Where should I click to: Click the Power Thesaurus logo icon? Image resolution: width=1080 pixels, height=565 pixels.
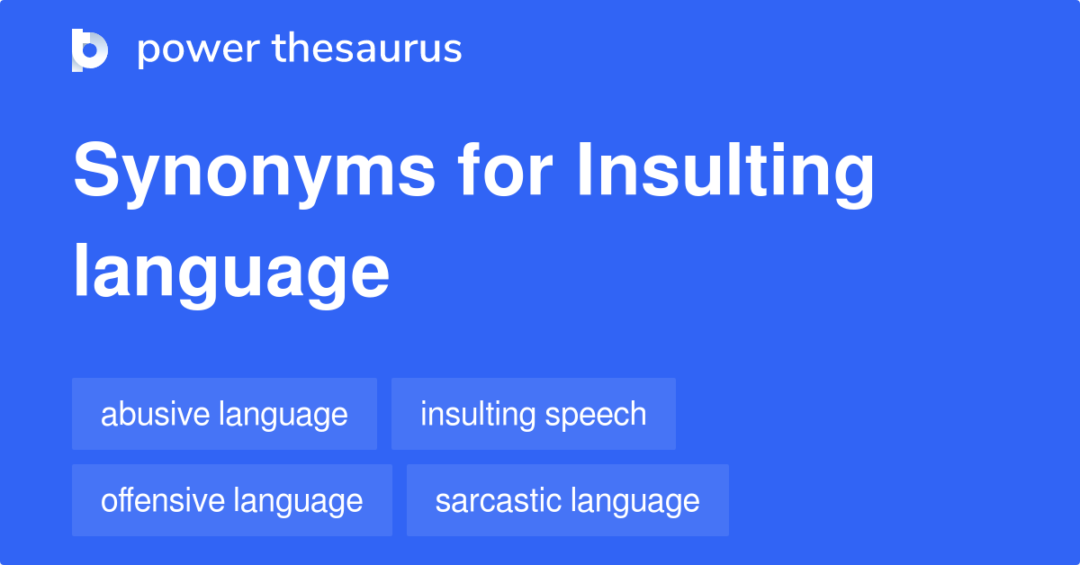coord(90,49)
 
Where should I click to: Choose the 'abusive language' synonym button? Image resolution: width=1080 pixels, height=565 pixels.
coord(224,414)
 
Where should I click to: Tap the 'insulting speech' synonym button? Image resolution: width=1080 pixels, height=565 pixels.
coord(533,414)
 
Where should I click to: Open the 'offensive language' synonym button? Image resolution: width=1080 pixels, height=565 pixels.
coord(231,500)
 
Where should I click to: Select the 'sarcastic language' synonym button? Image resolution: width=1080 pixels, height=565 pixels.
coord(567,500)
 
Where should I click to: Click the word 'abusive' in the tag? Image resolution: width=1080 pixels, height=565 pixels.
coord(155,414)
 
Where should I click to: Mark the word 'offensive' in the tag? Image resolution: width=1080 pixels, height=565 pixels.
coord(162,500)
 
